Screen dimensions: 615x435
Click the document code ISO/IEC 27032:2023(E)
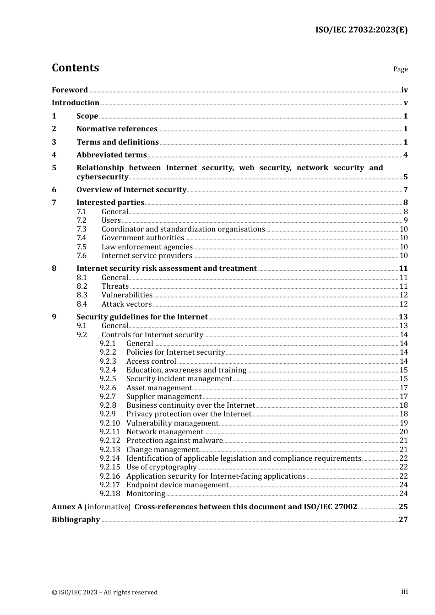[x=361, y=30]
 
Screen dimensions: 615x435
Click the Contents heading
[x=75, y=68]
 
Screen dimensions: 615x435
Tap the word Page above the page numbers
[x=400, y=69]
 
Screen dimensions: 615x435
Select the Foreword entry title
[x=70, y=90]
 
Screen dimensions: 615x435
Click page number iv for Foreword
[x=404, y=90]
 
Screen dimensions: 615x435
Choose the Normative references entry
[x=117, y=129]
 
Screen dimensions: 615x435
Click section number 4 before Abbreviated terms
[x=54, y=155]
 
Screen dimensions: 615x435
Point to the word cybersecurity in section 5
[x=102, y=177]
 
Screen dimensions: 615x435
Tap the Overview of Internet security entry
[x=131, y=190]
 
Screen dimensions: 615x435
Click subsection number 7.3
[x=82, y=229]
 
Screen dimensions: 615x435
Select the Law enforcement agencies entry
[x=147, y=247]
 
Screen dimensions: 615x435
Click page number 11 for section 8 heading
[x=403, y=269]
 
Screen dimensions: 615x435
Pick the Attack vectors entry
[x=126, y=304]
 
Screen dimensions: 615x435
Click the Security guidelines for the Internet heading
[x=142, y=317]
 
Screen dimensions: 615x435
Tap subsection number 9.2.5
[x=108, y=379]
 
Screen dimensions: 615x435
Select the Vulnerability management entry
[x=172, y=423]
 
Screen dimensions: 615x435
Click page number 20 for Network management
[x=403, y=432]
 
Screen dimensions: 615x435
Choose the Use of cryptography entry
[x=161, y=467]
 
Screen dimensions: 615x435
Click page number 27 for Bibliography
[x=403, y=520]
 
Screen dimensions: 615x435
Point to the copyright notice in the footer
[x=104, y=592]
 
